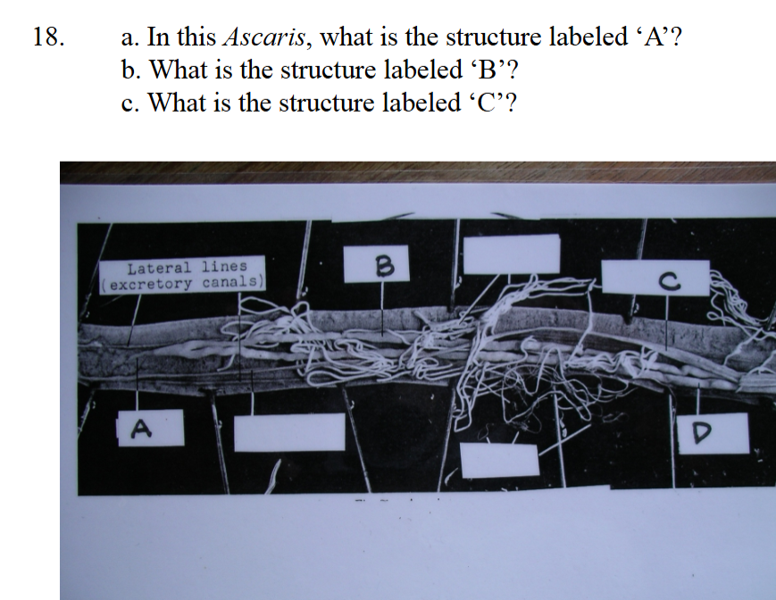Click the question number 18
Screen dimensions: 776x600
coord(48,37)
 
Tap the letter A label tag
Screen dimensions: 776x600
coord(150,428)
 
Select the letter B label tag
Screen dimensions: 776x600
coord(377,264)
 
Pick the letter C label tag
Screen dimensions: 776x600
coord(655,278)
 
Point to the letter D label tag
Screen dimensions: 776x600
coord(713,433)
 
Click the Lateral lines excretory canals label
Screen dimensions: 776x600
coord(182,275)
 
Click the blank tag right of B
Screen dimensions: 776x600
coord(511,254)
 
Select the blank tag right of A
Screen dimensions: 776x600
coord(289,432)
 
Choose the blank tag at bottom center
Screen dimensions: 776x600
coord(499,461)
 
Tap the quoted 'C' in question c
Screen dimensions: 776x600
coord(492,103)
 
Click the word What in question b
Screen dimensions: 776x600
coord(179,70)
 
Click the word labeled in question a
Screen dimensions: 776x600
coord(587,37)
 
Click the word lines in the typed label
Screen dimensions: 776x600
coord(224,266)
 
